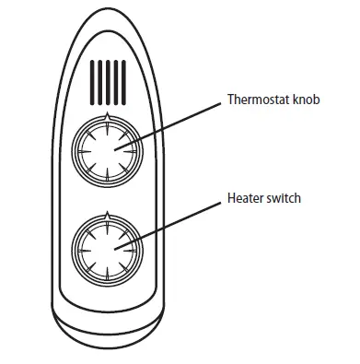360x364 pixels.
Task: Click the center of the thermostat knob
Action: tap(107, 147)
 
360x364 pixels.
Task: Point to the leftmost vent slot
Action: tap(92, 81)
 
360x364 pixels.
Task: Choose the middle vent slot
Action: tap(107, 81)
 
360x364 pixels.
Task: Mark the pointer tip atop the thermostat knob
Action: tap(107, 115)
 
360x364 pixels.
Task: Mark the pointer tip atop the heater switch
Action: tap(107, 213)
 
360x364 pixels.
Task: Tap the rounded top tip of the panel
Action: tap(107, 15)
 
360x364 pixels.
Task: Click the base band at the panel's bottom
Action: tap(107, 328)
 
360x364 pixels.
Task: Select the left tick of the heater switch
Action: tap(79, 245)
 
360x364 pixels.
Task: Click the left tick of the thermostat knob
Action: tap(79, 147)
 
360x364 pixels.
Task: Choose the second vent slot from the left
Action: tap(99, 81)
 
